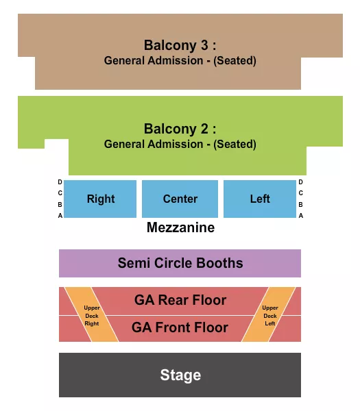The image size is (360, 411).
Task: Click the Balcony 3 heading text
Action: click(180, 45)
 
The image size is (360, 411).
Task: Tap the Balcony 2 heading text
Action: click(180, 129)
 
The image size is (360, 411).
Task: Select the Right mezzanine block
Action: click(101, 199)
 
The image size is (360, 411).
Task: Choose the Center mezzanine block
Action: click(180, 199)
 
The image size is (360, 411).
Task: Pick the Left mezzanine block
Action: click(260, 199)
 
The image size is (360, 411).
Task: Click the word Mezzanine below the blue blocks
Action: click(180, 228)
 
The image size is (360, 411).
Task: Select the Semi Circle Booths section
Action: click(180, 263)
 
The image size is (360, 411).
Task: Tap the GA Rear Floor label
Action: click(180, 300)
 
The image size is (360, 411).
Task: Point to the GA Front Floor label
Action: click(180, 327)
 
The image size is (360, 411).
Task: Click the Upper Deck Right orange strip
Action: click(91, 315)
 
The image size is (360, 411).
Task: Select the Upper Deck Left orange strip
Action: click(269, 315)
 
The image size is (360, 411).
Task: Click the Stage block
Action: click(180, 375)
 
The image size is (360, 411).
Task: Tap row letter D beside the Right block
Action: click(60, 182)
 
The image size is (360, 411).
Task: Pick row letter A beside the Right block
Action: click(60, 215)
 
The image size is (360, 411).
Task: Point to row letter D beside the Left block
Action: click(300, 182)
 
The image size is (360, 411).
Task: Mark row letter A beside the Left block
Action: click(300, 215)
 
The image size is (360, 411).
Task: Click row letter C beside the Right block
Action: click(60, 193)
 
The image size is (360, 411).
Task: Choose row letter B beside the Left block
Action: click(300, 204)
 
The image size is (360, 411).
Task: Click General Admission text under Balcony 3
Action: click(180, 61)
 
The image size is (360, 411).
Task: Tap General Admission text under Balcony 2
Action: click(180, 145)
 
